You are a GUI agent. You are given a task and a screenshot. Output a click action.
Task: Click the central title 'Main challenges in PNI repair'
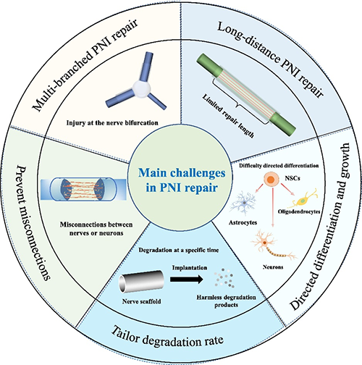tap(182, 180)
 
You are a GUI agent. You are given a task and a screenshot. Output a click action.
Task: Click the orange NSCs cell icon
tap(271, 180)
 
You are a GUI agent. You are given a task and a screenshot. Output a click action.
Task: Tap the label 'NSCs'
tap(292, 178)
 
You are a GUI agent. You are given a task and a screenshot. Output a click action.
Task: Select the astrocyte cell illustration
tap(243, 202)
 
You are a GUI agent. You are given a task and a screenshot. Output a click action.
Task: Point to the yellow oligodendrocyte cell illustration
tap(303, 198)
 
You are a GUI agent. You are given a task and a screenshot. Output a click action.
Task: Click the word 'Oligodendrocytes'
tap(299, 211)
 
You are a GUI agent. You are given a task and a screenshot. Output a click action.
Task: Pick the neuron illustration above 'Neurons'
tap(273, 245)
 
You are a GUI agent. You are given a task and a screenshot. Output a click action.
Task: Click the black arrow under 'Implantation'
tap(187, 280)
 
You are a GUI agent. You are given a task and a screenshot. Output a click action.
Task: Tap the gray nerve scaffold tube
tap(141, 282)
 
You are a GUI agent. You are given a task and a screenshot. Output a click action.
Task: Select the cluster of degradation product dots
tap(224, 277)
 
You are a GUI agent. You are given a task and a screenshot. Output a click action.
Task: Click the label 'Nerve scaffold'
tap(141, 301)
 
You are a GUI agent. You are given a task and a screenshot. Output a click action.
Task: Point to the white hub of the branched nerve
tap(142, 89)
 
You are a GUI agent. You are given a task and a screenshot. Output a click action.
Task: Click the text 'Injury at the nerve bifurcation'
tap(112, 122)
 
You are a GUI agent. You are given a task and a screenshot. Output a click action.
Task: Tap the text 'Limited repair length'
tap(228, 116)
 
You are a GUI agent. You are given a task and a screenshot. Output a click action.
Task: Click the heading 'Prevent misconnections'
tap(34, 222)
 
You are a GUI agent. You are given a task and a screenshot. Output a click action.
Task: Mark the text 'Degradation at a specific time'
tap(179, 250)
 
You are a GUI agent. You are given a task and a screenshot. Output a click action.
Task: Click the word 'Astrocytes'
tap(243, 222)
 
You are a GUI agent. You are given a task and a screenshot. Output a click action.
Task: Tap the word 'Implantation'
tap(190, 268)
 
